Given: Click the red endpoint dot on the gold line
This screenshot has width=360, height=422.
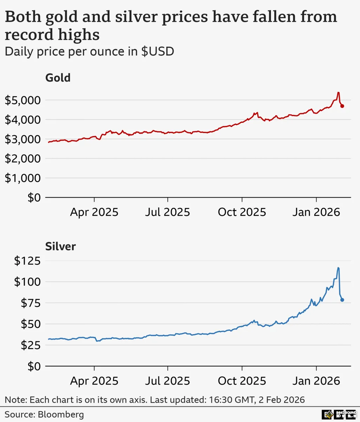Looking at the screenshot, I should [342, 106].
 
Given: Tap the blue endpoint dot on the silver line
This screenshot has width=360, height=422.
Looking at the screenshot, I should [342, 300].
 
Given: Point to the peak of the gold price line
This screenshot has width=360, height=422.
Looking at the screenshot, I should [338, 92].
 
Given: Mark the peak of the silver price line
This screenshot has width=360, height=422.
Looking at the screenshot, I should [338, 268].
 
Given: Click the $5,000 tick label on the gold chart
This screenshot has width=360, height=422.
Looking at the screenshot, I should [22, 100].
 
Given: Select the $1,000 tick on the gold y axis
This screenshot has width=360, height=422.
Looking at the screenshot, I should [22, 178].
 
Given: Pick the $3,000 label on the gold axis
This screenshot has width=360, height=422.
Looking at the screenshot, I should [22, 139].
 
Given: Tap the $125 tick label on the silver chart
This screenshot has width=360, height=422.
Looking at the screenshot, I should [27, 261].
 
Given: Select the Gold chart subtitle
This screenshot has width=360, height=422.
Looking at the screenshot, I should [58, 77].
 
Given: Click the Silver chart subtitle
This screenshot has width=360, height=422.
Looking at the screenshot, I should [60, 246].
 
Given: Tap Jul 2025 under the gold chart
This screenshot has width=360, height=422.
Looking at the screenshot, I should [167, 212].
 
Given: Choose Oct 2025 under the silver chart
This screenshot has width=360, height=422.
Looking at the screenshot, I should [242, 381].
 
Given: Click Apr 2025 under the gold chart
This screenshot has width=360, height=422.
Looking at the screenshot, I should [94, 212].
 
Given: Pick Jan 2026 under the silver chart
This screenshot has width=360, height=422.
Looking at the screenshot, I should [316, 381].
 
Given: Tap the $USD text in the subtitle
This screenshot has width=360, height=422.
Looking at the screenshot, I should [157, 52].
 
